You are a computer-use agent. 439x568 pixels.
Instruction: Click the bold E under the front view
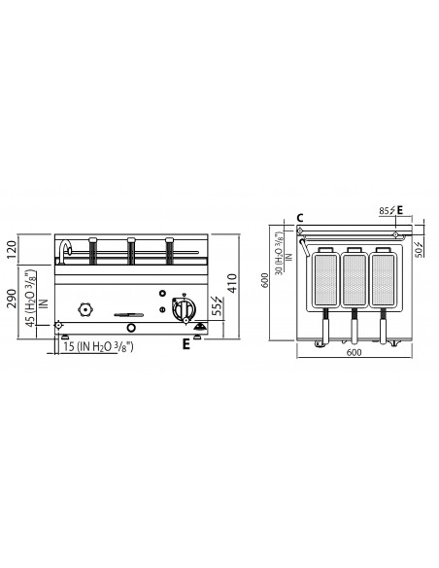[184, 342]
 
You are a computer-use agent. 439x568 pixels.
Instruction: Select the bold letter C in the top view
[301, 218]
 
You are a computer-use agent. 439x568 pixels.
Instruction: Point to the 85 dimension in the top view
[385, 209]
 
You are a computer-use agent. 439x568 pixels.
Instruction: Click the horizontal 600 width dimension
[354, 353]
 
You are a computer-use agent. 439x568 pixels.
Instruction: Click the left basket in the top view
[325, 281]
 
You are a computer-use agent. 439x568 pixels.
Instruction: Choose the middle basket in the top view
[355, 281]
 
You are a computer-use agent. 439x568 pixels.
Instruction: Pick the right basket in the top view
[384, 281]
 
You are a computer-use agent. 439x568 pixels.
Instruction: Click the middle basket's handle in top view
[355, 329]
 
